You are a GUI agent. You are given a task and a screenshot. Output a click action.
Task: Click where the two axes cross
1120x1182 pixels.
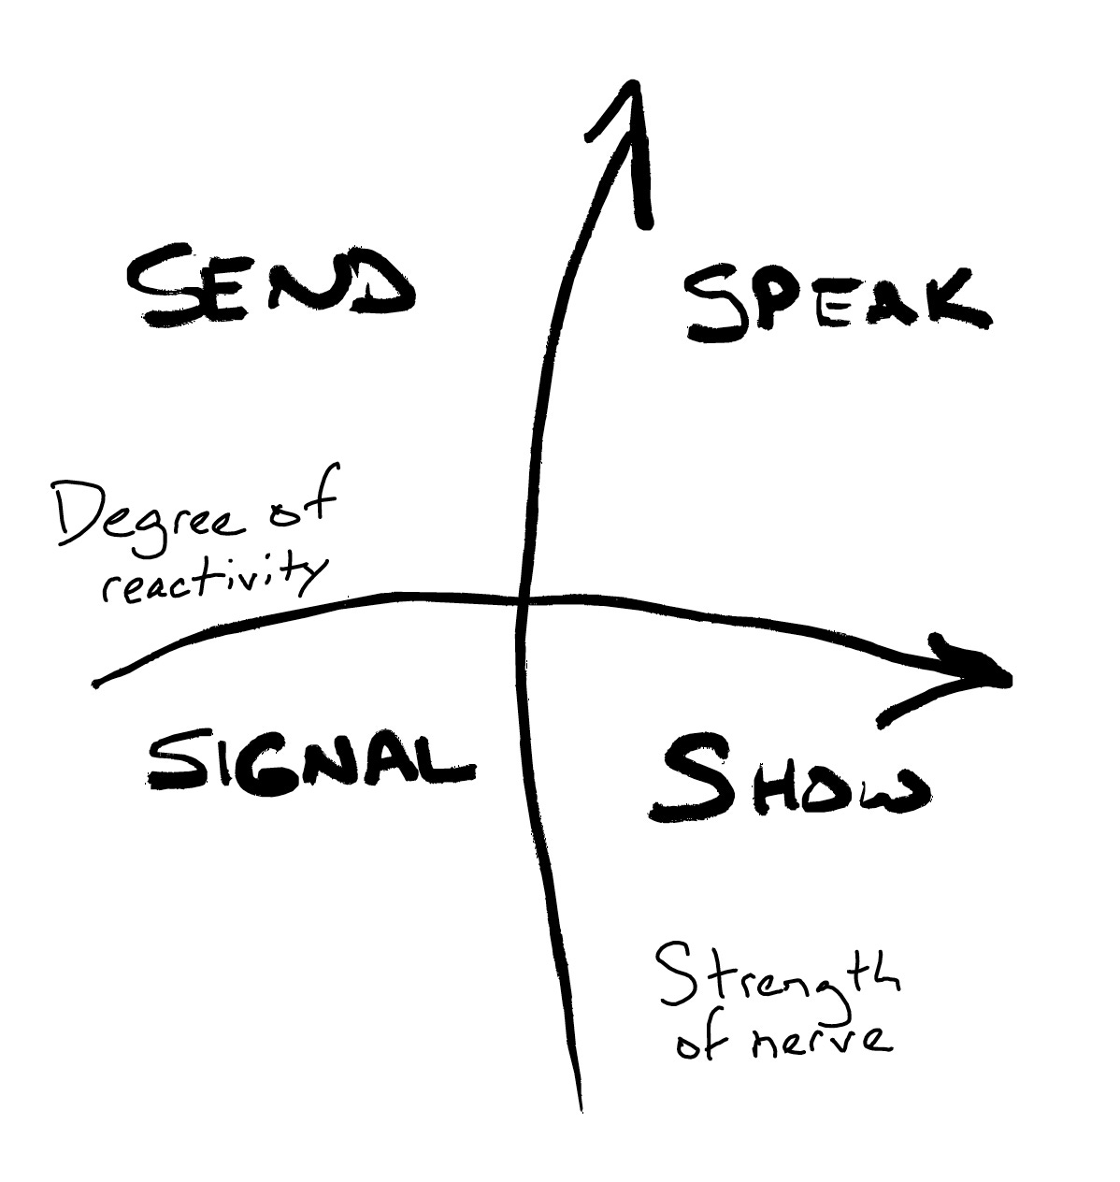(522, 599)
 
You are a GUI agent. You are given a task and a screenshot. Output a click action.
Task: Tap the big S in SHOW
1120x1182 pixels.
(692, 778)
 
